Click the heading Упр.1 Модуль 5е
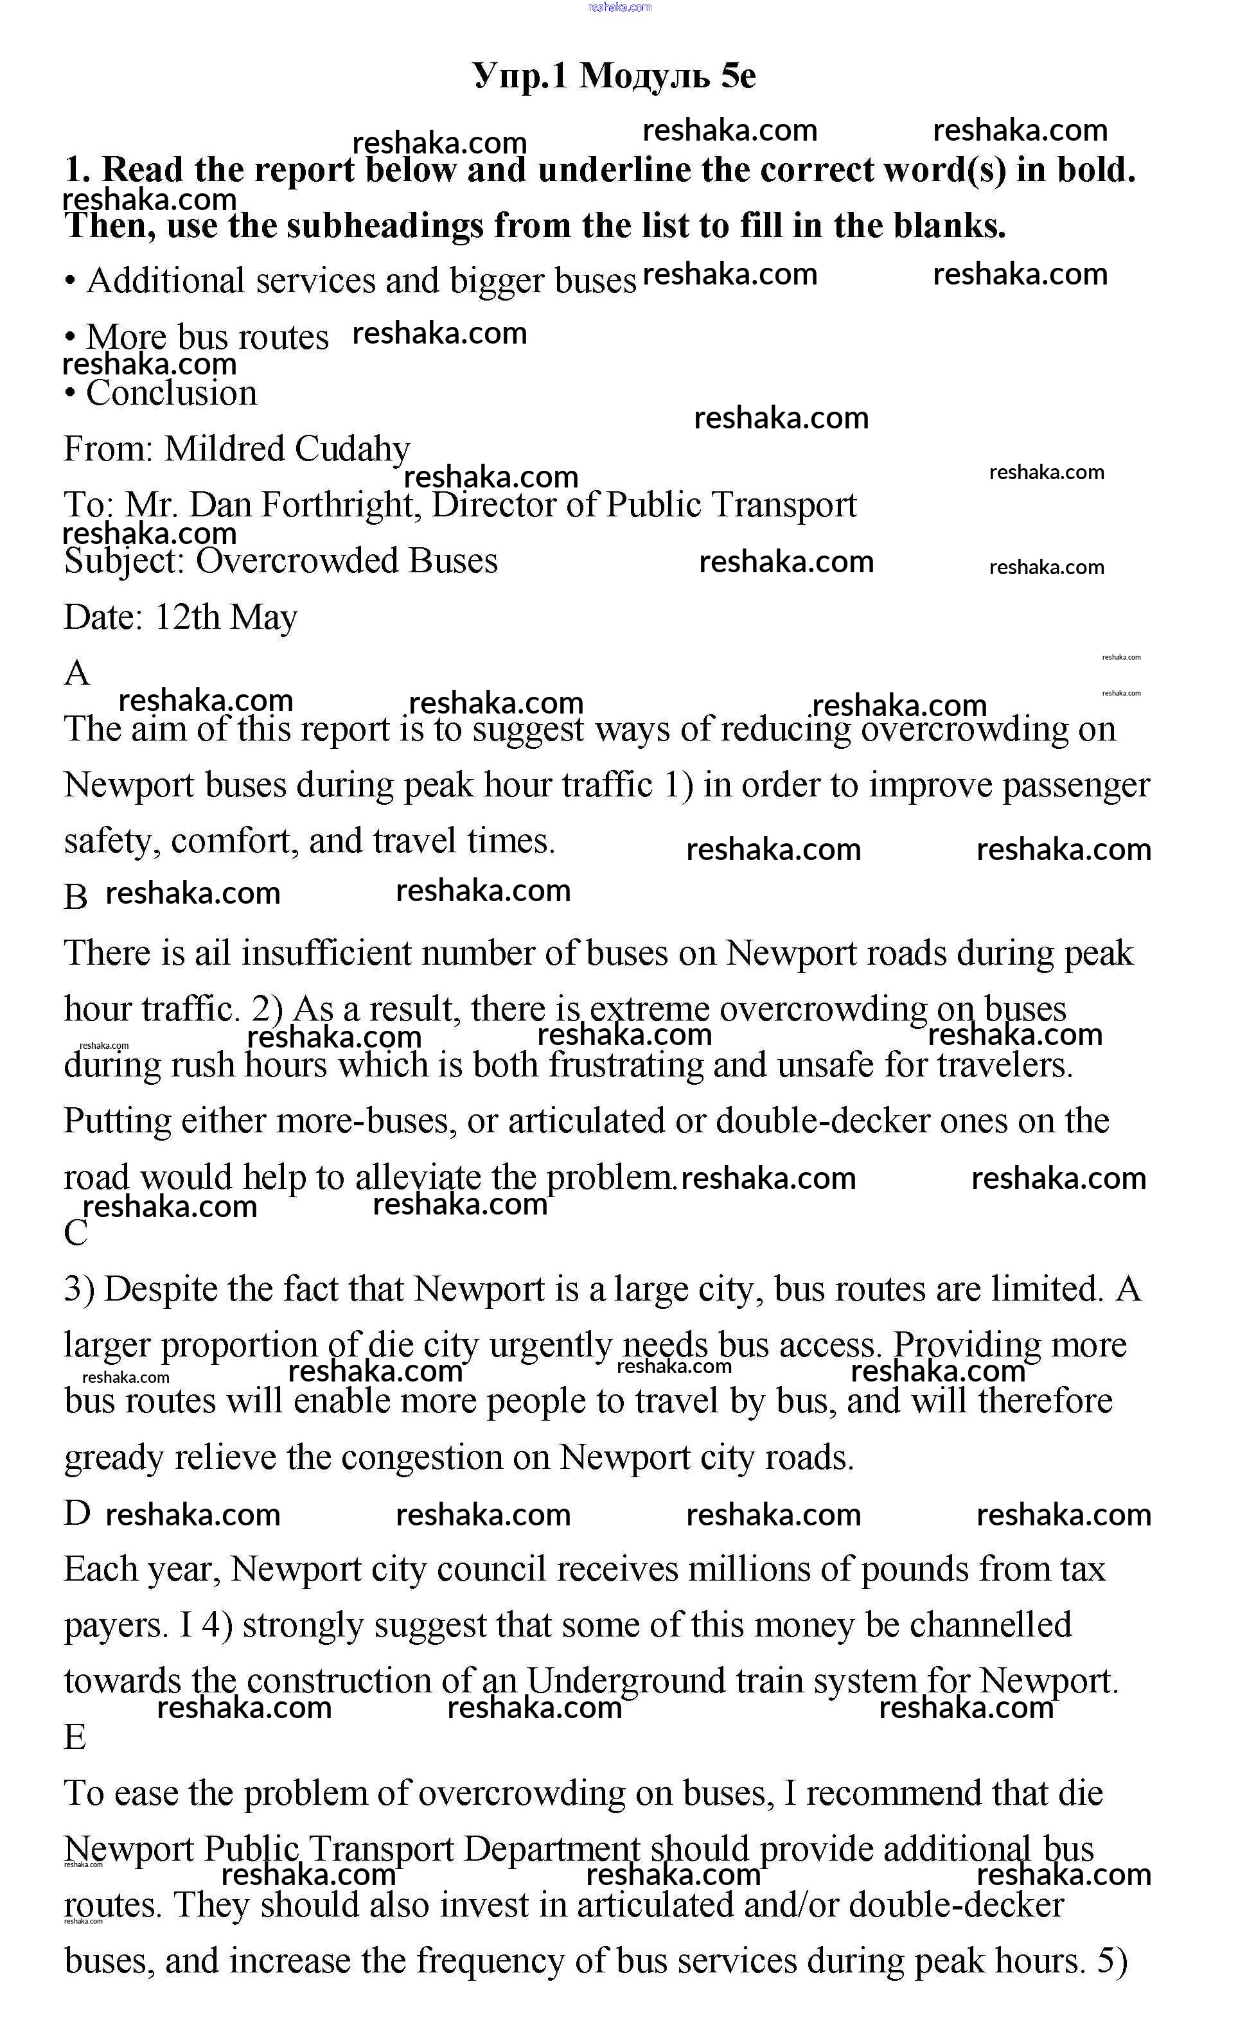[x=614, y=76]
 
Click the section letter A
[x=76, y=673]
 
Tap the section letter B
[x=75, y=897]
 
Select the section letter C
[x=75, y=1233]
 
